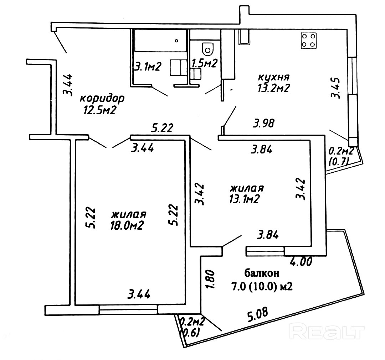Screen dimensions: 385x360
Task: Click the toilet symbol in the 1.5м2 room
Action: point(207,48)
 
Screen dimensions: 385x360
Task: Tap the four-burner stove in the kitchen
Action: point(309,40)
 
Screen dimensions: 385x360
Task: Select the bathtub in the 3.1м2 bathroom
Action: point(160,41)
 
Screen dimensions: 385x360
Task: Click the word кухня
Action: point(273,77)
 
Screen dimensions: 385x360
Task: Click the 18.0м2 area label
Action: point(127,225)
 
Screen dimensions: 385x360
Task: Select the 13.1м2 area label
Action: point(244,199)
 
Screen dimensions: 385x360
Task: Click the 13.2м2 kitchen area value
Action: point(273,89)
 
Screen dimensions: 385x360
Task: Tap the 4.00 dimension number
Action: point(302,262)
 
